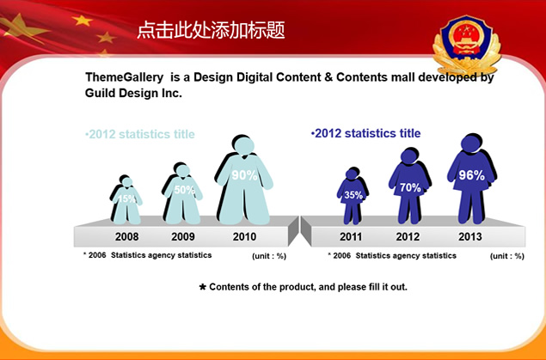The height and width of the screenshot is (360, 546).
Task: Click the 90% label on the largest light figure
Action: tap(244, 175)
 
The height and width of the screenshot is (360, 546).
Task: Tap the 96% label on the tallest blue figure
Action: tap(471, 175)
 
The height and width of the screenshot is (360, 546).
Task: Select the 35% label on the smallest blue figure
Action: tap(353, 195)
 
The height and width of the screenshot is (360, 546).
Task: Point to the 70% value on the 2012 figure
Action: tap(410, 187)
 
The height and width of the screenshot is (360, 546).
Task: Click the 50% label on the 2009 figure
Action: tap(184, 190)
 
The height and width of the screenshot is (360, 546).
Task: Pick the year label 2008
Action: tap(126, 236)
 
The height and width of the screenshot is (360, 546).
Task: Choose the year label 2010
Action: tap(244, 236)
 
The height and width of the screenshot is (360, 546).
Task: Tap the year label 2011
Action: tap(351, 236)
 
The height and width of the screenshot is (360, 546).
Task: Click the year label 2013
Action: tap(470, 236)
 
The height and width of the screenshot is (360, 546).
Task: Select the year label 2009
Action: tap(183, 236)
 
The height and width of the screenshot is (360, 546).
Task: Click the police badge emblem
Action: tap(467, 44)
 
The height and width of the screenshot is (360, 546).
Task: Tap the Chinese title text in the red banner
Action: tap(211, 30)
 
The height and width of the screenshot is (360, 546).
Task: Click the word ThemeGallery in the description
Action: tap(125, 77)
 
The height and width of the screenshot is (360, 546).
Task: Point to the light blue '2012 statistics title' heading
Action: tap(140, 134)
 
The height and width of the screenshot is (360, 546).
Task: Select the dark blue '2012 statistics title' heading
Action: tap(365, 133)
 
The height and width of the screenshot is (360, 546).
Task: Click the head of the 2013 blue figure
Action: tap(471, 143)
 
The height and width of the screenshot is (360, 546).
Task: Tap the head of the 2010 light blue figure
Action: tap(243, 146)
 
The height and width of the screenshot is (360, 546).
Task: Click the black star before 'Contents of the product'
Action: tap(203, 287)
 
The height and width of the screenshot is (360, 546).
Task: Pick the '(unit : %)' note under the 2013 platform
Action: tap(507, 256)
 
